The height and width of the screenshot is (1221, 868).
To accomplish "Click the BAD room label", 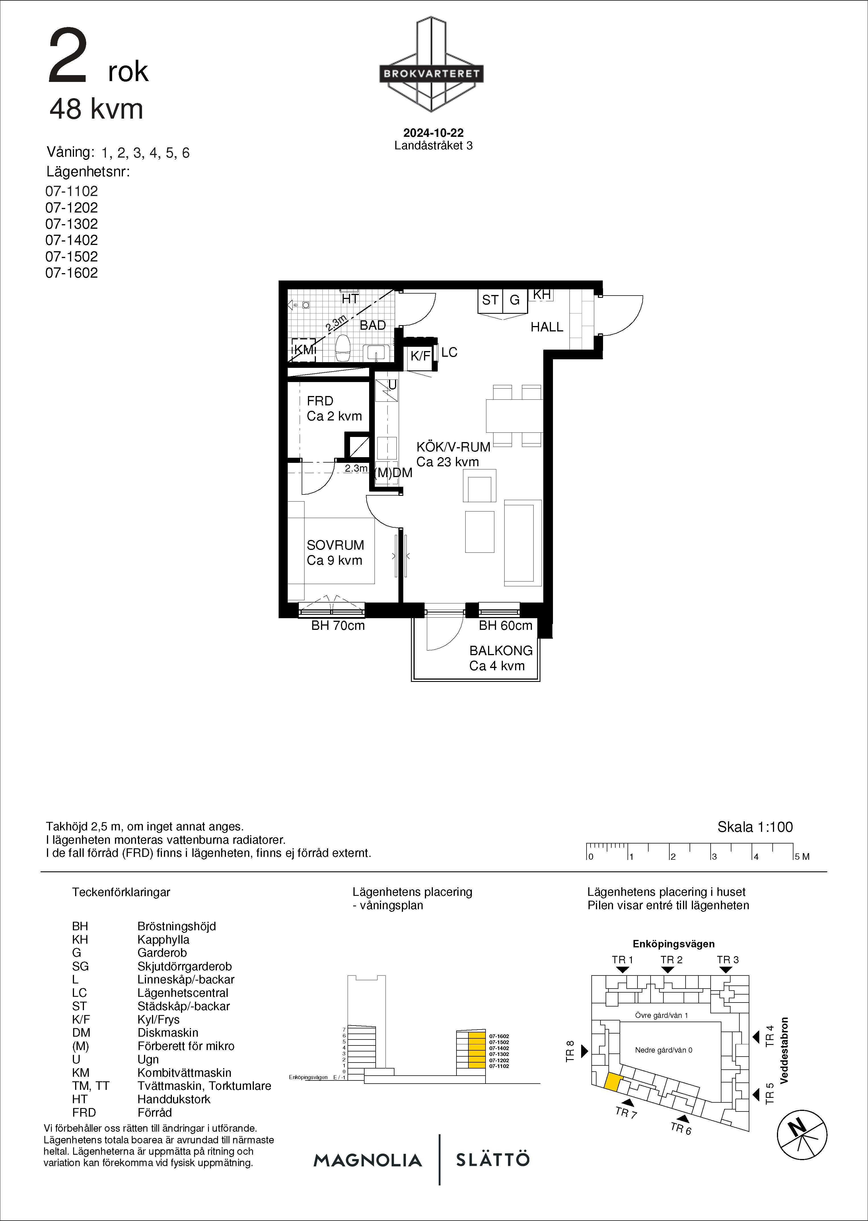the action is (373, 325).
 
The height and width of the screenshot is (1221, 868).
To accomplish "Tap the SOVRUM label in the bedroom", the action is (335, 545).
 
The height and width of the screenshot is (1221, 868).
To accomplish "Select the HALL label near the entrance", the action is (547, 327).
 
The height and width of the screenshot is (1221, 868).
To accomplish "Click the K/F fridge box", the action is (420, 355).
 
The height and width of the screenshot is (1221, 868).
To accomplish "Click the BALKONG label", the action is (501, 651).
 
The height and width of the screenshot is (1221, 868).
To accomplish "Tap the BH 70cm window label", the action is (338, 626).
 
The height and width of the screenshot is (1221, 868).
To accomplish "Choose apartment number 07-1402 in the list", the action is (72, 240).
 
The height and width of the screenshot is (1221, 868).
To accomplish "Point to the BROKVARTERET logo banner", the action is (431, 74).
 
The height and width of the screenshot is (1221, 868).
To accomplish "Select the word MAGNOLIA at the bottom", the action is (368, 1160).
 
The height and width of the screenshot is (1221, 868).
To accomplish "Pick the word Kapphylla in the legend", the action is (163, 940).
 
